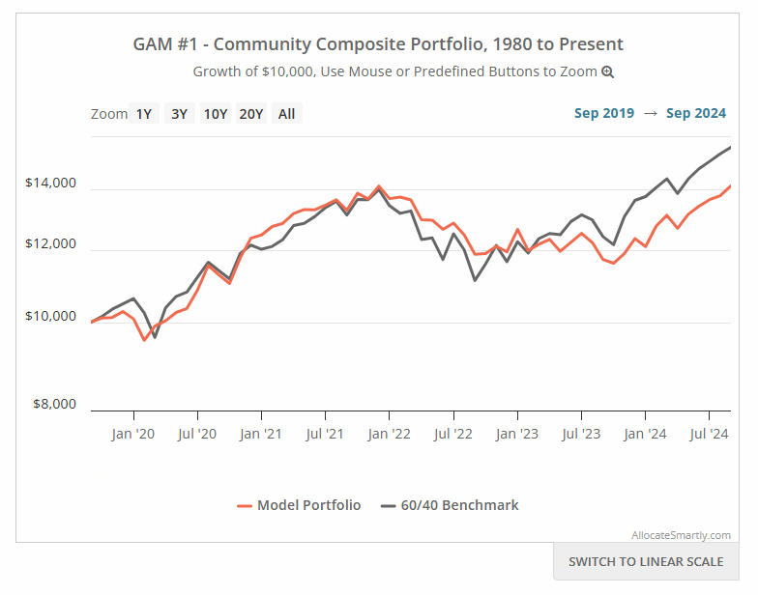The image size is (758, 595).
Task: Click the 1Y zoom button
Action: (x=143, y=114)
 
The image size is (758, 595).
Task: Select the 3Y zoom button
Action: (x=180, y=114)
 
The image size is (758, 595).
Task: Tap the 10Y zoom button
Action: (x=216, y=114)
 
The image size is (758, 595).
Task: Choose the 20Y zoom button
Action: (x=251, y=114)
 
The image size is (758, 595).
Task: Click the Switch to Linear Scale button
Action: (x=646, y=562)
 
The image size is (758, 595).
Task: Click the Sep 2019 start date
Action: (x=603, y=113)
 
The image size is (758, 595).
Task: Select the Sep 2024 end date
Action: (x=696, y=113)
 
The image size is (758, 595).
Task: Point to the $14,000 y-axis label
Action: (x=50, y=183)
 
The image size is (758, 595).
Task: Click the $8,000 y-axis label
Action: (x=54, y=404)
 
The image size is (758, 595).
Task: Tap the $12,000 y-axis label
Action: (x=50, y=243)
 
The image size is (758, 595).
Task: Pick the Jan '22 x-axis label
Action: (x=389, y=434)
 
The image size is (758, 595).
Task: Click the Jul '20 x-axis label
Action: (x=197, y=434)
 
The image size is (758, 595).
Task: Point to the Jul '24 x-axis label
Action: (x=709, y=434)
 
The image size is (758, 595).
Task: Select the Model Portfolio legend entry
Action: (x=299, y=505)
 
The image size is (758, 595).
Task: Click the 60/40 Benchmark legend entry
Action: (x=450, y=505)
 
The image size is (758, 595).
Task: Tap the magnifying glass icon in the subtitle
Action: (x=607, y=71)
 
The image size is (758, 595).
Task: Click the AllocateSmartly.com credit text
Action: (x=681, y=535)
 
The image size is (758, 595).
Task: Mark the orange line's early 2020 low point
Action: (x=144, y=340)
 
